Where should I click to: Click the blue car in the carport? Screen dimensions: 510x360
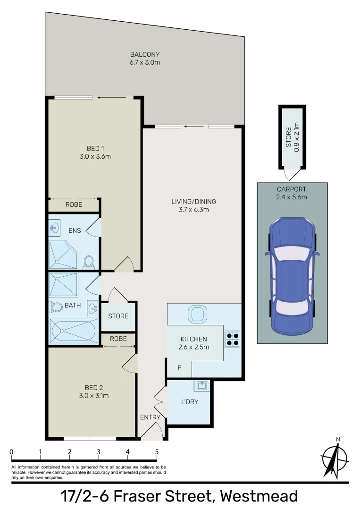(x=292, y=276)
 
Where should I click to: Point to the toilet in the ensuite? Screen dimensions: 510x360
(x=88, y=262)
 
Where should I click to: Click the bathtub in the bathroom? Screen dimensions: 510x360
(x=74, y=331)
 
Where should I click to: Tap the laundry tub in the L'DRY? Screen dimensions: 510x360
(x=202, y=386)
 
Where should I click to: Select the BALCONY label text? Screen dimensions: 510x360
(x=145, y=54)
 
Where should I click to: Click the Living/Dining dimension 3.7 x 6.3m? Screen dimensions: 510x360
(x=193, y=210)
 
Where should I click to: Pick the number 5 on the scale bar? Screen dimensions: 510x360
(x=157, y=452)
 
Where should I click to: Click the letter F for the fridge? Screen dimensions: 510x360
(x=179, y=367)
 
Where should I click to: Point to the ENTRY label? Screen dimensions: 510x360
(x=150, y=417)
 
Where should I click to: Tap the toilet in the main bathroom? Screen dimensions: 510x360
(x=57, y=307)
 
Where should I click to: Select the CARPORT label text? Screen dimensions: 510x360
(x=292, y=189)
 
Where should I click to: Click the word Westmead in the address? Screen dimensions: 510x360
(x=259, y=497)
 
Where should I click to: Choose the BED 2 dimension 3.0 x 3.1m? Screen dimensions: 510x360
(x=93, y=396)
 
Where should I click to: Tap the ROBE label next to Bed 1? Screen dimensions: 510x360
(x=74, y=205)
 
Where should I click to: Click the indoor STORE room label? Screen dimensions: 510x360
(x=118, y=316)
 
